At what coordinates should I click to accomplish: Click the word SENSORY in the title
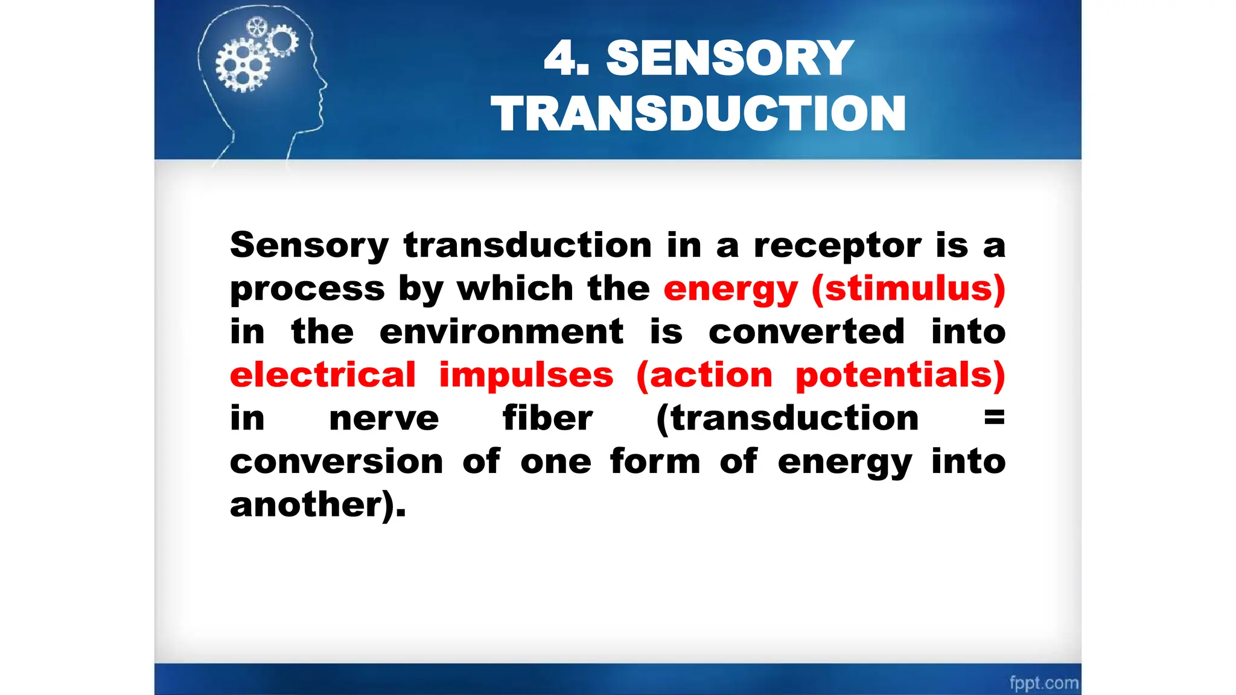point(730,58)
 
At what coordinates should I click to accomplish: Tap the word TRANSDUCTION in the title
point(698,113)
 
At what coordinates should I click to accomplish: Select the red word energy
point(730,290)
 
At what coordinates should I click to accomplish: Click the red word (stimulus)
point(908,288)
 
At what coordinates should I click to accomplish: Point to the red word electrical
point(323,375)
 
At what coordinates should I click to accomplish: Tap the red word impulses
point(526,375)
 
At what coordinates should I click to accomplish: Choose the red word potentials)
point(900,375)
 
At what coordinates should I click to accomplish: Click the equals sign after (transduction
point(994,417)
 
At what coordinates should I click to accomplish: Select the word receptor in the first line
point(837,246)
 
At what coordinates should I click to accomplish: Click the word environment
point(501,332)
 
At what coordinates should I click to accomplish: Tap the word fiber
point(547,418)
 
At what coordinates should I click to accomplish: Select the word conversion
point(336,462)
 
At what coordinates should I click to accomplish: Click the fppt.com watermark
point(1043,683)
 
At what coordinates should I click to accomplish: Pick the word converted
point(806,332)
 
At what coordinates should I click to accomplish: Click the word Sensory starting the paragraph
point(309,246)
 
